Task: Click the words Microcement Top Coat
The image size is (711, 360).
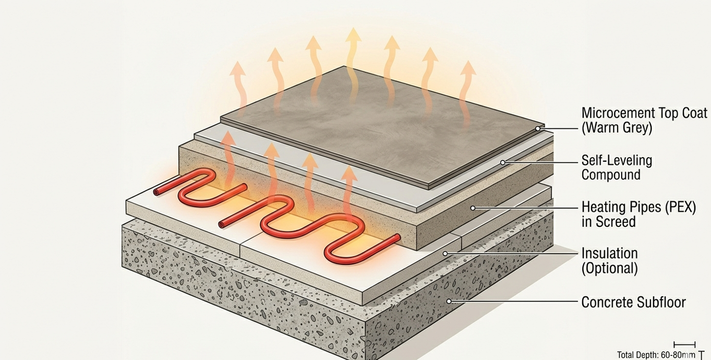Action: (644, 113)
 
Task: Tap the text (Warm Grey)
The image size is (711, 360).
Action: (617, 128)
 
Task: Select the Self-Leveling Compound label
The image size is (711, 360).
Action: (617, 167)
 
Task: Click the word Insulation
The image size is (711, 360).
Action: (609, 254)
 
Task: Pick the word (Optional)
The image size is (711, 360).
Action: (609, 268)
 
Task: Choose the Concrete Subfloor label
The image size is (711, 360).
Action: (634, 302)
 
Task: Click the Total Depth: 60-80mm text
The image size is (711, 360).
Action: (656, 355)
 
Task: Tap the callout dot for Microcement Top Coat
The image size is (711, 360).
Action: (538, 128)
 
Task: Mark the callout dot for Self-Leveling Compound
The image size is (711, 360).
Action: (503, 163)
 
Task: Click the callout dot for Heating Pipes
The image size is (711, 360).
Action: (473, 208)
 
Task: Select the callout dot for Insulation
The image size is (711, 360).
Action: (445, 254)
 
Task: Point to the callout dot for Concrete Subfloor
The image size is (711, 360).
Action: (449, 301)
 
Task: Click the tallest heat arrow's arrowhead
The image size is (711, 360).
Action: (353, 35)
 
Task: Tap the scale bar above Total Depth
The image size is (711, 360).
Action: (684, 344)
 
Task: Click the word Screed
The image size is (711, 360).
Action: (616, 222)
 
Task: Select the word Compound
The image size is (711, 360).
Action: (611, 175)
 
